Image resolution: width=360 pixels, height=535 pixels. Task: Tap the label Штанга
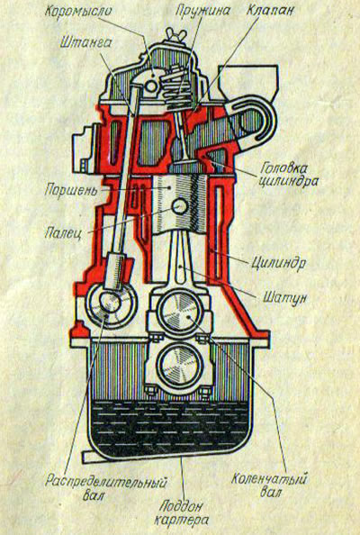(85, 42)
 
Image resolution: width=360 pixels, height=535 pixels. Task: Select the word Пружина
(202, 10)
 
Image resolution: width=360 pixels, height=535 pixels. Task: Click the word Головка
(283, 168)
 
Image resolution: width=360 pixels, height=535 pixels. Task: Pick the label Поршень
(70, 190)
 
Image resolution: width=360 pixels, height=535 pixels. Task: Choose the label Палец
(63, 233)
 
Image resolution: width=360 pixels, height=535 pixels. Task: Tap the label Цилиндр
(278, 263)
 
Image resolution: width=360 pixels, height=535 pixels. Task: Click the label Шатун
(284, 297)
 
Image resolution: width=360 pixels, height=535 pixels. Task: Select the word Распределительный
(106, 483)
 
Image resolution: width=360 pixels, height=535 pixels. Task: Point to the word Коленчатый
(269, 478)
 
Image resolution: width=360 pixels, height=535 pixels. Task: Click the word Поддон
(181, 505)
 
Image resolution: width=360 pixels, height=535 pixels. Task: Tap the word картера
(181, 520)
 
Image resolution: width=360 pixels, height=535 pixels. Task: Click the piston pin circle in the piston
(180, 205)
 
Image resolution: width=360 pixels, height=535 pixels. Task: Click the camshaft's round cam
(111, 304)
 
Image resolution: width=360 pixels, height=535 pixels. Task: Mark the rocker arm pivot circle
(151, 86)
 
